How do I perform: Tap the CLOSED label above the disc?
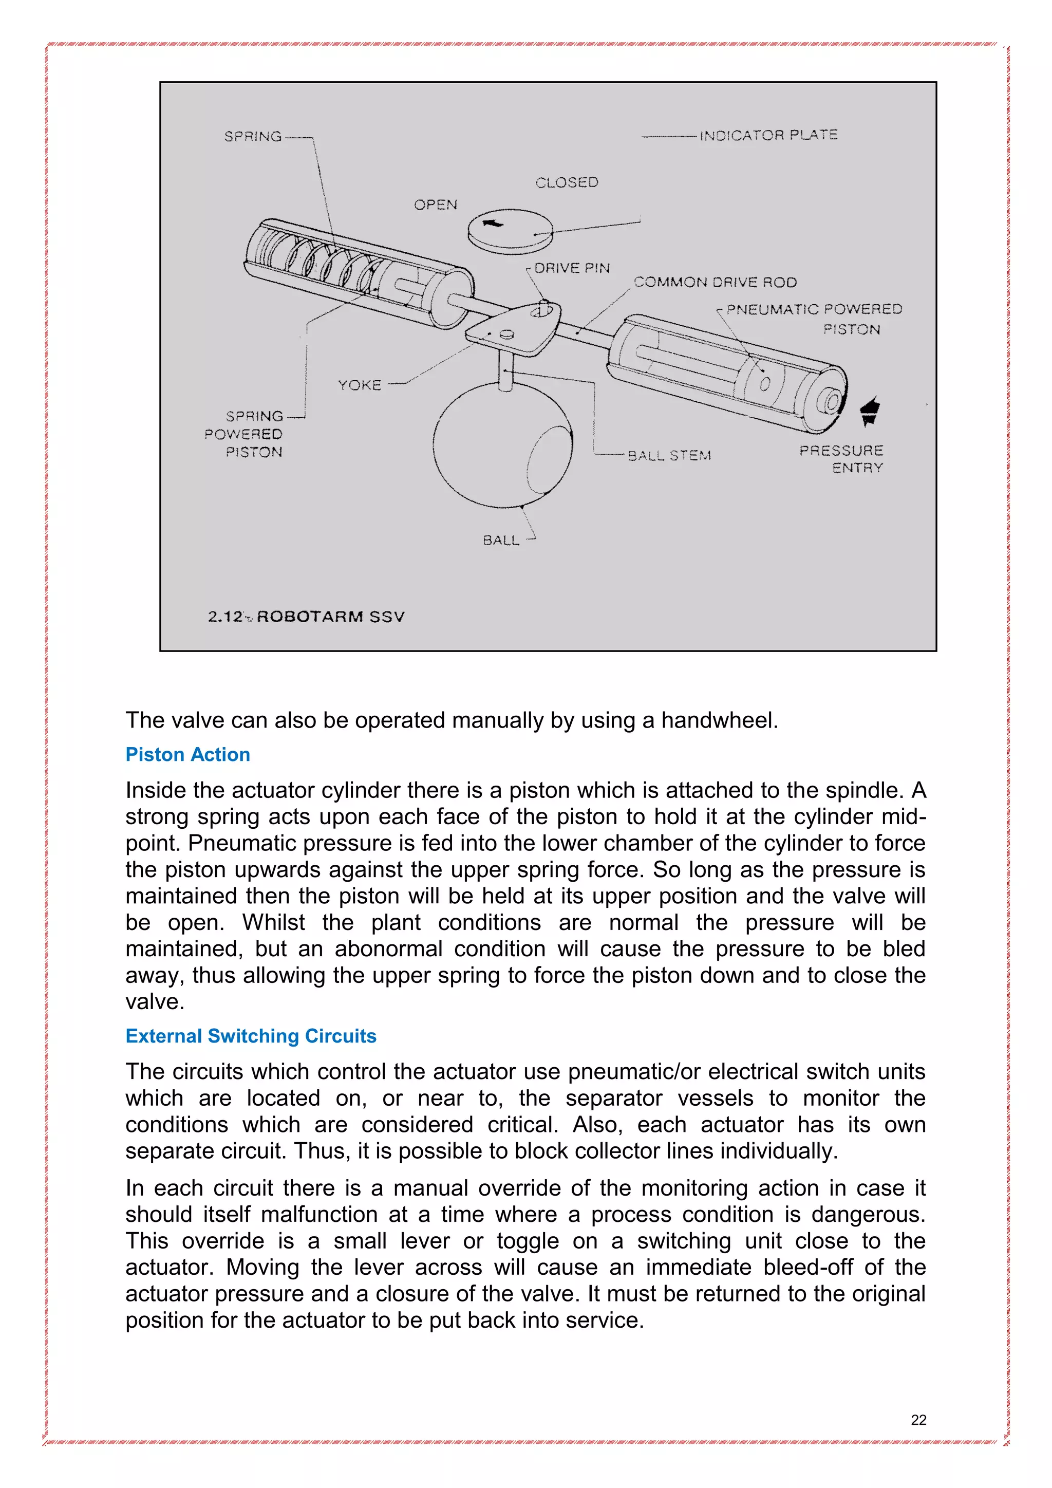567,183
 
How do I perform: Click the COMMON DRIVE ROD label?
715,283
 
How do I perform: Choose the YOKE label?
360,385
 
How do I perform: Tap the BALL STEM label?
669,456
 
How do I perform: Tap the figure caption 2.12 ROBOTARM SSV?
306,617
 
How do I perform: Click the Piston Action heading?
188,754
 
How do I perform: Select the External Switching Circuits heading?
251,1036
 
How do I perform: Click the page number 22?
918,1420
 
